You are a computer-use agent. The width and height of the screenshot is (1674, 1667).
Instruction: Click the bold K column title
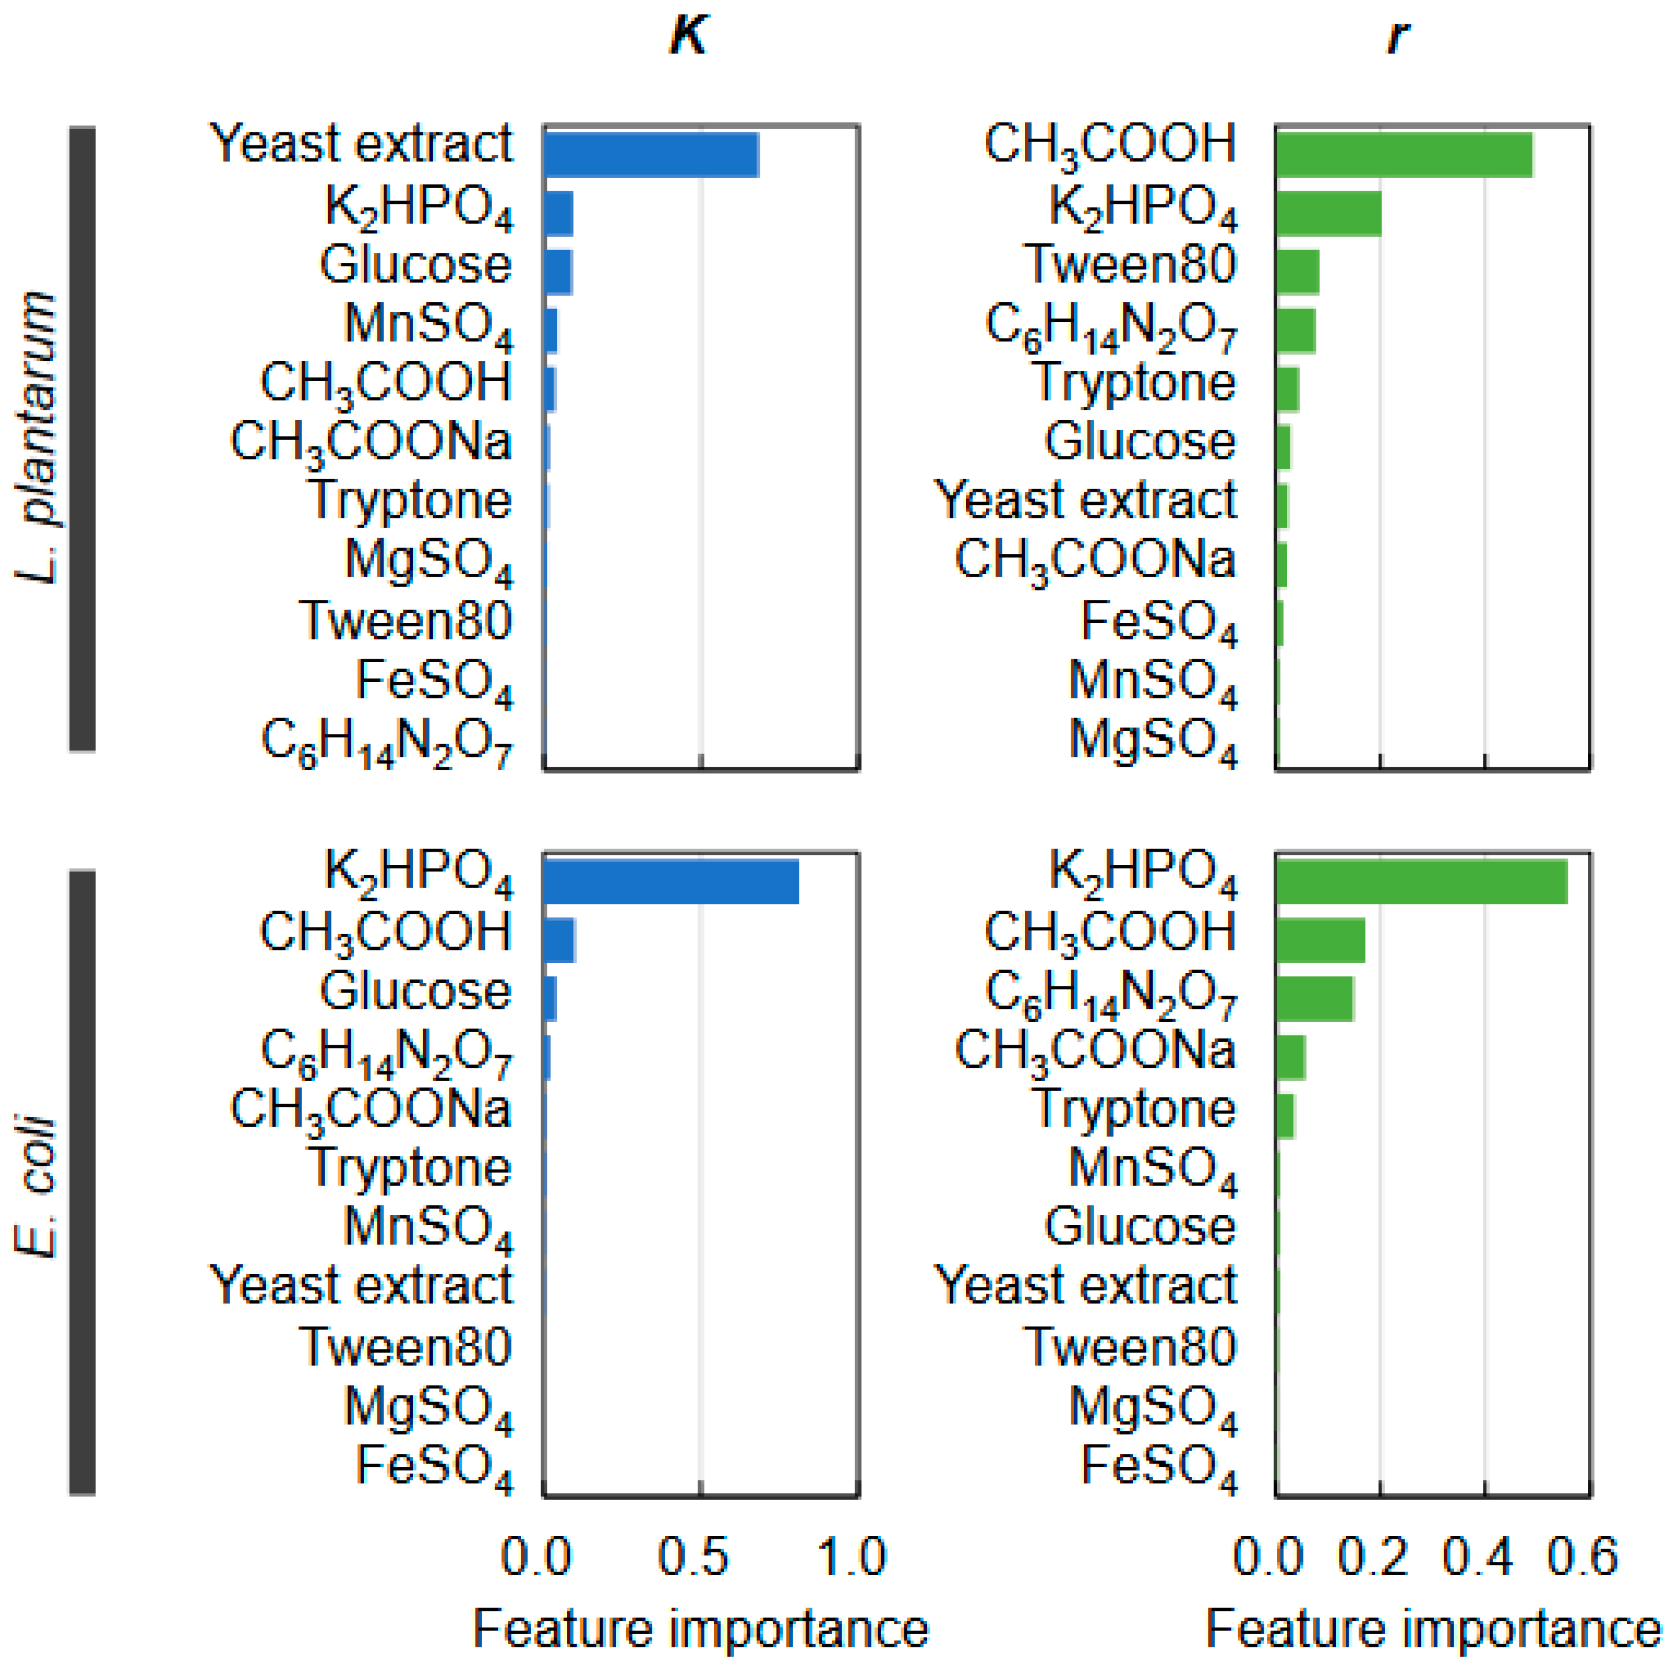689,36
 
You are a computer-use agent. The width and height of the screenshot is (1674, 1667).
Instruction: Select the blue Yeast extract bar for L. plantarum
651,155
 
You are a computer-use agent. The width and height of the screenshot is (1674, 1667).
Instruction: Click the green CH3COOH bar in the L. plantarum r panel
1404,155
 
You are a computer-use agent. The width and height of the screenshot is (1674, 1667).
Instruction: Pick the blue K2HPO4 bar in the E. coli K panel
671,882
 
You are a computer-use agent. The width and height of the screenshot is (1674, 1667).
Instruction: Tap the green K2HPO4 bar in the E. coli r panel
1421,882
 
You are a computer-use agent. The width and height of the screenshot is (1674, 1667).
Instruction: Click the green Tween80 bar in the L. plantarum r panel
1297,272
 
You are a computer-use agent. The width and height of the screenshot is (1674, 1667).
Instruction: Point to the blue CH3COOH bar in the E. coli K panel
559,941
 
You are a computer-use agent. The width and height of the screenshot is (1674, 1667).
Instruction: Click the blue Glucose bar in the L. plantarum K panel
558,272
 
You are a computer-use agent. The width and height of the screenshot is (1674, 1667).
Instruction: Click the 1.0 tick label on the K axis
852,1556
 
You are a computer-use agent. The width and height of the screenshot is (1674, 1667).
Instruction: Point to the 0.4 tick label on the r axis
1478,1556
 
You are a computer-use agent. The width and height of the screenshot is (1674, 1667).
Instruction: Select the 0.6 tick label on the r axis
1582,1556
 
